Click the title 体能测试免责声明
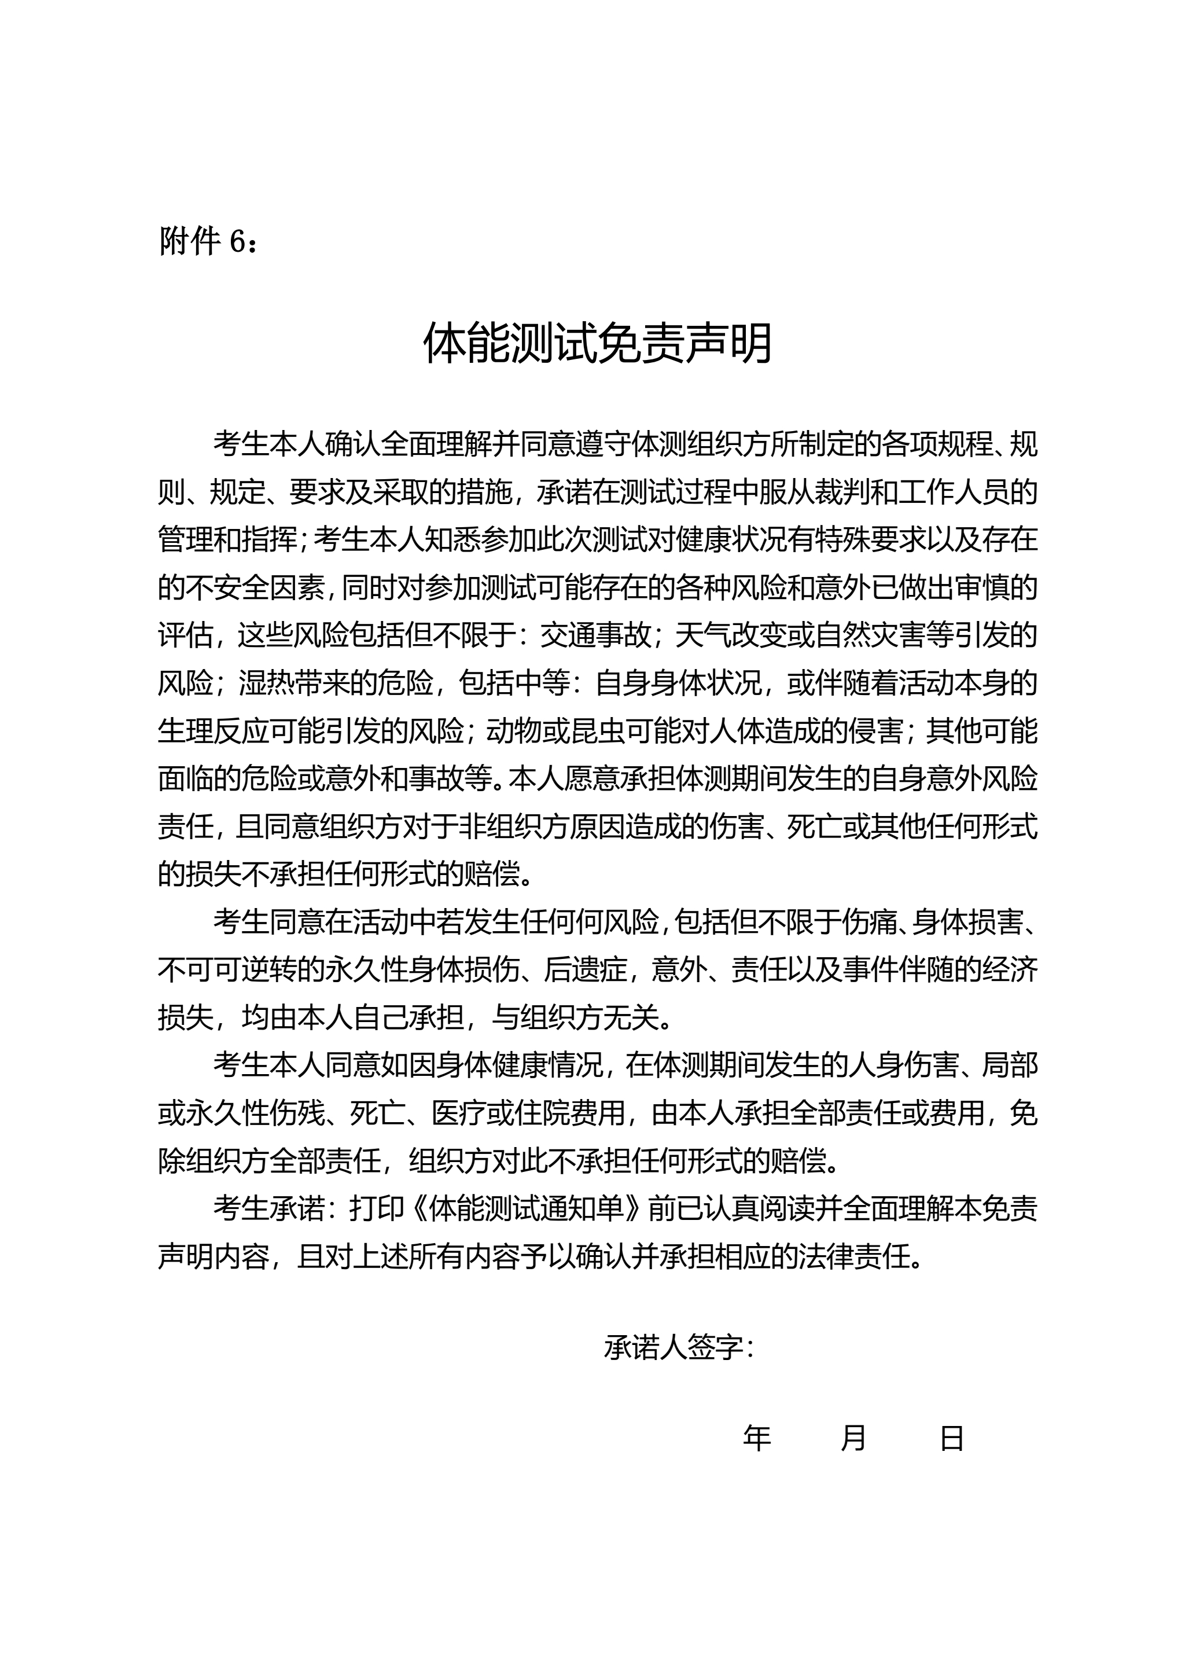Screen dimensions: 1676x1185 pyautogui.click(x=598, y=343)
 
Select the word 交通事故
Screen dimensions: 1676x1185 pyautogui.click(x=595, y=636)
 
